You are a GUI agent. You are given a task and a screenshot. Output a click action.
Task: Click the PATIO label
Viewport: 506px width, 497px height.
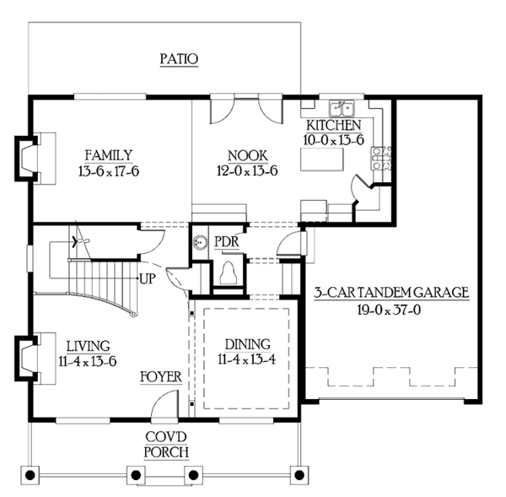(x=179, y=59)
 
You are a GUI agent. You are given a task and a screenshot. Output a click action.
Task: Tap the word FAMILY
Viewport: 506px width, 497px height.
(x=108, y=155)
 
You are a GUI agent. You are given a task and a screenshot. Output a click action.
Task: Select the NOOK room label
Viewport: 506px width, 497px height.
(x=248, y=155)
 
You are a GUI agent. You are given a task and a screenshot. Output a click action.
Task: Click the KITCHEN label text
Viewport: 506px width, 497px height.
(x=334, y=125)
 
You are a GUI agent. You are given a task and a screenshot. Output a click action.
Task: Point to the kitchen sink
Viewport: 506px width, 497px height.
(x=344, y=108)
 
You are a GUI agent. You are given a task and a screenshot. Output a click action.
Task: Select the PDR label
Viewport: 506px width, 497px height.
(x=226, y=241)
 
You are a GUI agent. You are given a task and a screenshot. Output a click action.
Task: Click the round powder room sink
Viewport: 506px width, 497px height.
(x=201, y=243)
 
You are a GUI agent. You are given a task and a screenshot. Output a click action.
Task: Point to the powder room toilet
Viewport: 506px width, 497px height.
(x=226, y=273)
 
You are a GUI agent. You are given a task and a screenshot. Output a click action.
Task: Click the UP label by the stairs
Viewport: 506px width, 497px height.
(x=146, y=277)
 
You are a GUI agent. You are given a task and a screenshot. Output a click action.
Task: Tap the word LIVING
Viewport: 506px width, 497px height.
(x=86, y=344)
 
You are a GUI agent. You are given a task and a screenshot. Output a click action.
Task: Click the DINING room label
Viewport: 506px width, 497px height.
(x=247, y=344)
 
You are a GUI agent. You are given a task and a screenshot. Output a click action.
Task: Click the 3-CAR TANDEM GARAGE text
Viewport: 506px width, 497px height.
(x=391, y=293)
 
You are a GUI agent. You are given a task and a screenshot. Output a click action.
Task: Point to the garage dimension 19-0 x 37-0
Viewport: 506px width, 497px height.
(x=391, y=309)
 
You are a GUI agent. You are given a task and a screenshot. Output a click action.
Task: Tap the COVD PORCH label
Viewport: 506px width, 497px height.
(x=165, y=444)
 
